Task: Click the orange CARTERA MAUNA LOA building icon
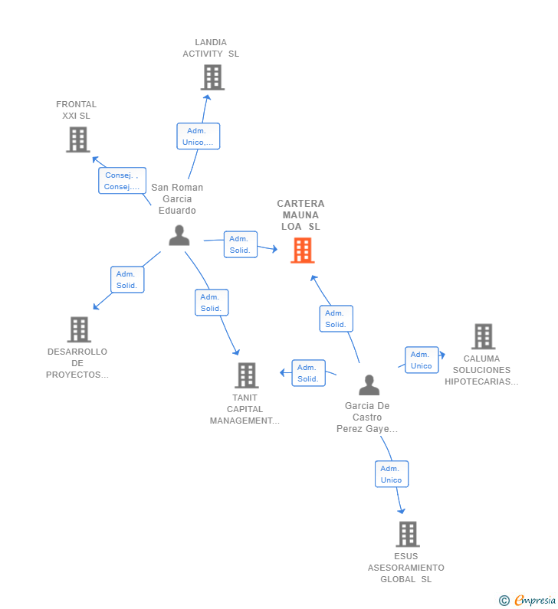[302, 250]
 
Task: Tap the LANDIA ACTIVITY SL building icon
[212, 77]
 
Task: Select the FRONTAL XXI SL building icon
[77, 140]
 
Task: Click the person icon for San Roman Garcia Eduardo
[179, 235]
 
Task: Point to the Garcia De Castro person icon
[369, 385]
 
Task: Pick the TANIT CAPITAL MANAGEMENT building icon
[246, 375]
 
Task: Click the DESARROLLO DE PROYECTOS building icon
[79, 329]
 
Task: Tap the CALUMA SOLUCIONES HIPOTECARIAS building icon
[483, 336]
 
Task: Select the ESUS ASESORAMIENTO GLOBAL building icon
[408, 534]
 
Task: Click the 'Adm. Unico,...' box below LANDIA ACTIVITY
[199, 136]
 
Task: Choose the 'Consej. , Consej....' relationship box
[122, 181]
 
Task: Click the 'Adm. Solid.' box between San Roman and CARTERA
[241, 244]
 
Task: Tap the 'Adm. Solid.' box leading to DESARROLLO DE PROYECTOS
[127, 280]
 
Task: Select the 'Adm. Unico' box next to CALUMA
[422, 360]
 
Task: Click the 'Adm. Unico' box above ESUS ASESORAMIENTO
[392, 474]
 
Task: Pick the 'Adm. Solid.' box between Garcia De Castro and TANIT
[309, 373]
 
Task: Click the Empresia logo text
[535, 600]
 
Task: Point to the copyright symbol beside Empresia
[504, 601]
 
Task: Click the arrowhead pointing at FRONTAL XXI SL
[95, 159]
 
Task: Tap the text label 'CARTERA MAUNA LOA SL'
[300, 214]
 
